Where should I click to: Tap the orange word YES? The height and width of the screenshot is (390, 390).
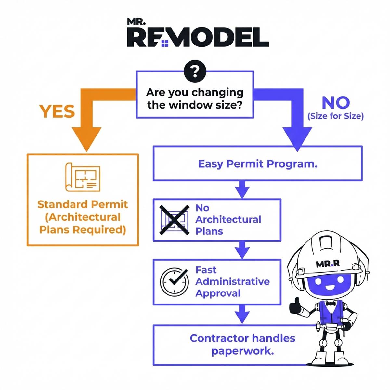57,111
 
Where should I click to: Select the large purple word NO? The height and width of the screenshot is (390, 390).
335,103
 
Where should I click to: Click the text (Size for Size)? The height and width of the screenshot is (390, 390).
335,116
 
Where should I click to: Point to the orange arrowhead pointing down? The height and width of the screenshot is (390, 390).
86,138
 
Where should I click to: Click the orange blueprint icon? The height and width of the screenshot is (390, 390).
83,177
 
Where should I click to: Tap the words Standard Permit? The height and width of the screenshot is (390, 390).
83,204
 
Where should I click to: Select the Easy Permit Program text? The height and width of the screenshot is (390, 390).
257,163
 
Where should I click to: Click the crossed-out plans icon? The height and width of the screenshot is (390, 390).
174,220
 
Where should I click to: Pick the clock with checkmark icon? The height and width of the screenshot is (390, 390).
174,282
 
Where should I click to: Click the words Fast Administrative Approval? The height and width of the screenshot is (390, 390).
232,281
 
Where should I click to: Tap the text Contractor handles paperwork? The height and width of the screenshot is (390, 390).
242,344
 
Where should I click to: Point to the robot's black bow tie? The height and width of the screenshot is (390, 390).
331,303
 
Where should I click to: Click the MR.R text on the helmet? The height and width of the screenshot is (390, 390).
328,264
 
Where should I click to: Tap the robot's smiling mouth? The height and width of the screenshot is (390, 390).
329,288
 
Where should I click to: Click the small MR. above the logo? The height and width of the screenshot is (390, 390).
136,22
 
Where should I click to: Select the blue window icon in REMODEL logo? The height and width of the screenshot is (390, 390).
165,43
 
